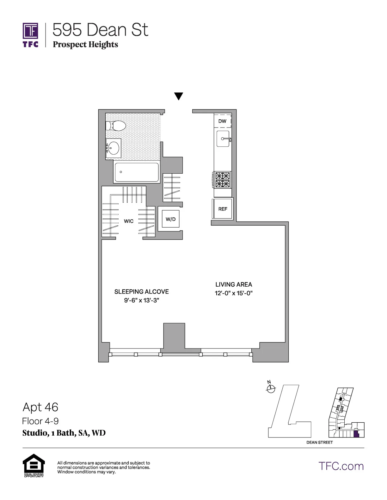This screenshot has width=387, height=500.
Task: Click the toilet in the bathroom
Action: pos(117,126)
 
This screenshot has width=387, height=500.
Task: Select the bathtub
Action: pos(137,172)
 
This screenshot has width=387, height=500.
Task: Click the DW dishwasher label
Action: pos(222,121)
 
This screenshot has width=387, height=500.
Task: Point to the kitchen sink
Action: pos(223,139)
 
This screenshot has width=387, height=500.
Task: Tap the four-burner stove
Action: pos(223,180)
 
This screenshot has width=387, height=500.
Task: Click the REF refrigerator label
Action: pos(223,209)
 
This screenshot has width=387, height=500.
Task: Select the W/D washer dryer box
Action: pos(170,219)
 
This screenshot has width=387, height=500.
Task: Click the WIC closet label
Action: pos(129,221)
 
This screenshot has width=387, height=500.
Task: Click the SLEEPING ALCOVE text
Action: pos(141,292)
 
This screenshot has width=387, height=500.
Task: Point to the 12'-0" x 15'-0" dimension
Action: pos(234,293)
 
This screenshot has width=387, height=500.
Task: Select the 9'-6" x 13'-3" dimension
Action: pos(141,301)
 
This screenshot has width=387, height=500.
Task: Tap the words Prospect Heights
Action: pos(85,45)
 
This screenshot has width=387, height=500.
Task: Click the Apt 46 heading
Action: pos(40,407)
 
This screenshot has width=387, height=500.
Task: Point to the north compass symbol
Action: pos(271,389)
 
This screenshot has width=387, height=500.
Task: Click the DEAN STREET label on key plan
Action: pos(319,442)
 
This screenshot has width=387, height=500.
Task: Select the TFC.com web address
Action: pos(341,466)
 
